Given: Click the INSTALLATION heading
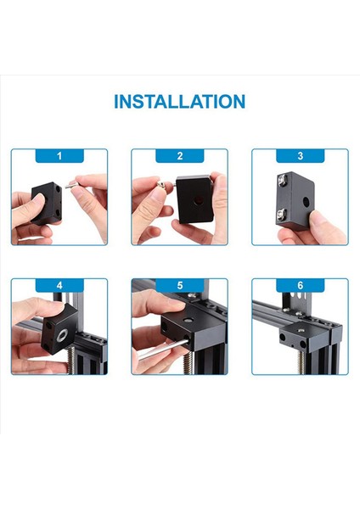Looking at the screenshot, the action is coord(179,101).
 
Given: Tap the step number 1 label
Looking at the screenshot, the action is coord(59,156).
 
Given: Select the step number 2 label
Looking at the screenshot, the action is coord(180,156).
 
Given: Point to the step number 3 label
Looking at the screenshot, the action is coord(301,156).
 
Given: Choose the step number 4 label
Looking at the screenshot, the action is coord(59,286).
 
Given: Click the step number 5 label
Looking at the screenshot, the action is coord(180,286).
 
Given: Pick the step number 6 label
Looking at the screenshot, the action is coord(301,286).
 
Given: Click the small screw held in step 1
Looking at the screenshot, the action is coord(71,186).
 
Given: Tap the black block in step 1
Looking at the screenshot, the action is coord(47,204).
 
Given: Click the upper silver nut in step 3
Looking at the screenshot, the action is coord(281,178).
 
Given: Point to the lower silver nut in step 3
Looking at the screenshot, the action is coord(281,215).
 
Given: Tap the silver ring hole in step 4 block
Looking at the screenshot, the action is coord(62,335).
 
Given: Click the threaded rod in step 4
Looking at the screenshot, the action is coord(71,360).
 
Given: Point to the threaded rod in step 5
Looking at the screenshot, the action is coord(188,363).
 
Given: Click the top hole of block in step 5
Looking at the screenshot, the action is coord(187,321).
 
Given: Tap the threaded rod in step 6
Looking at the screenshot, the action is coord(301,362).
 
